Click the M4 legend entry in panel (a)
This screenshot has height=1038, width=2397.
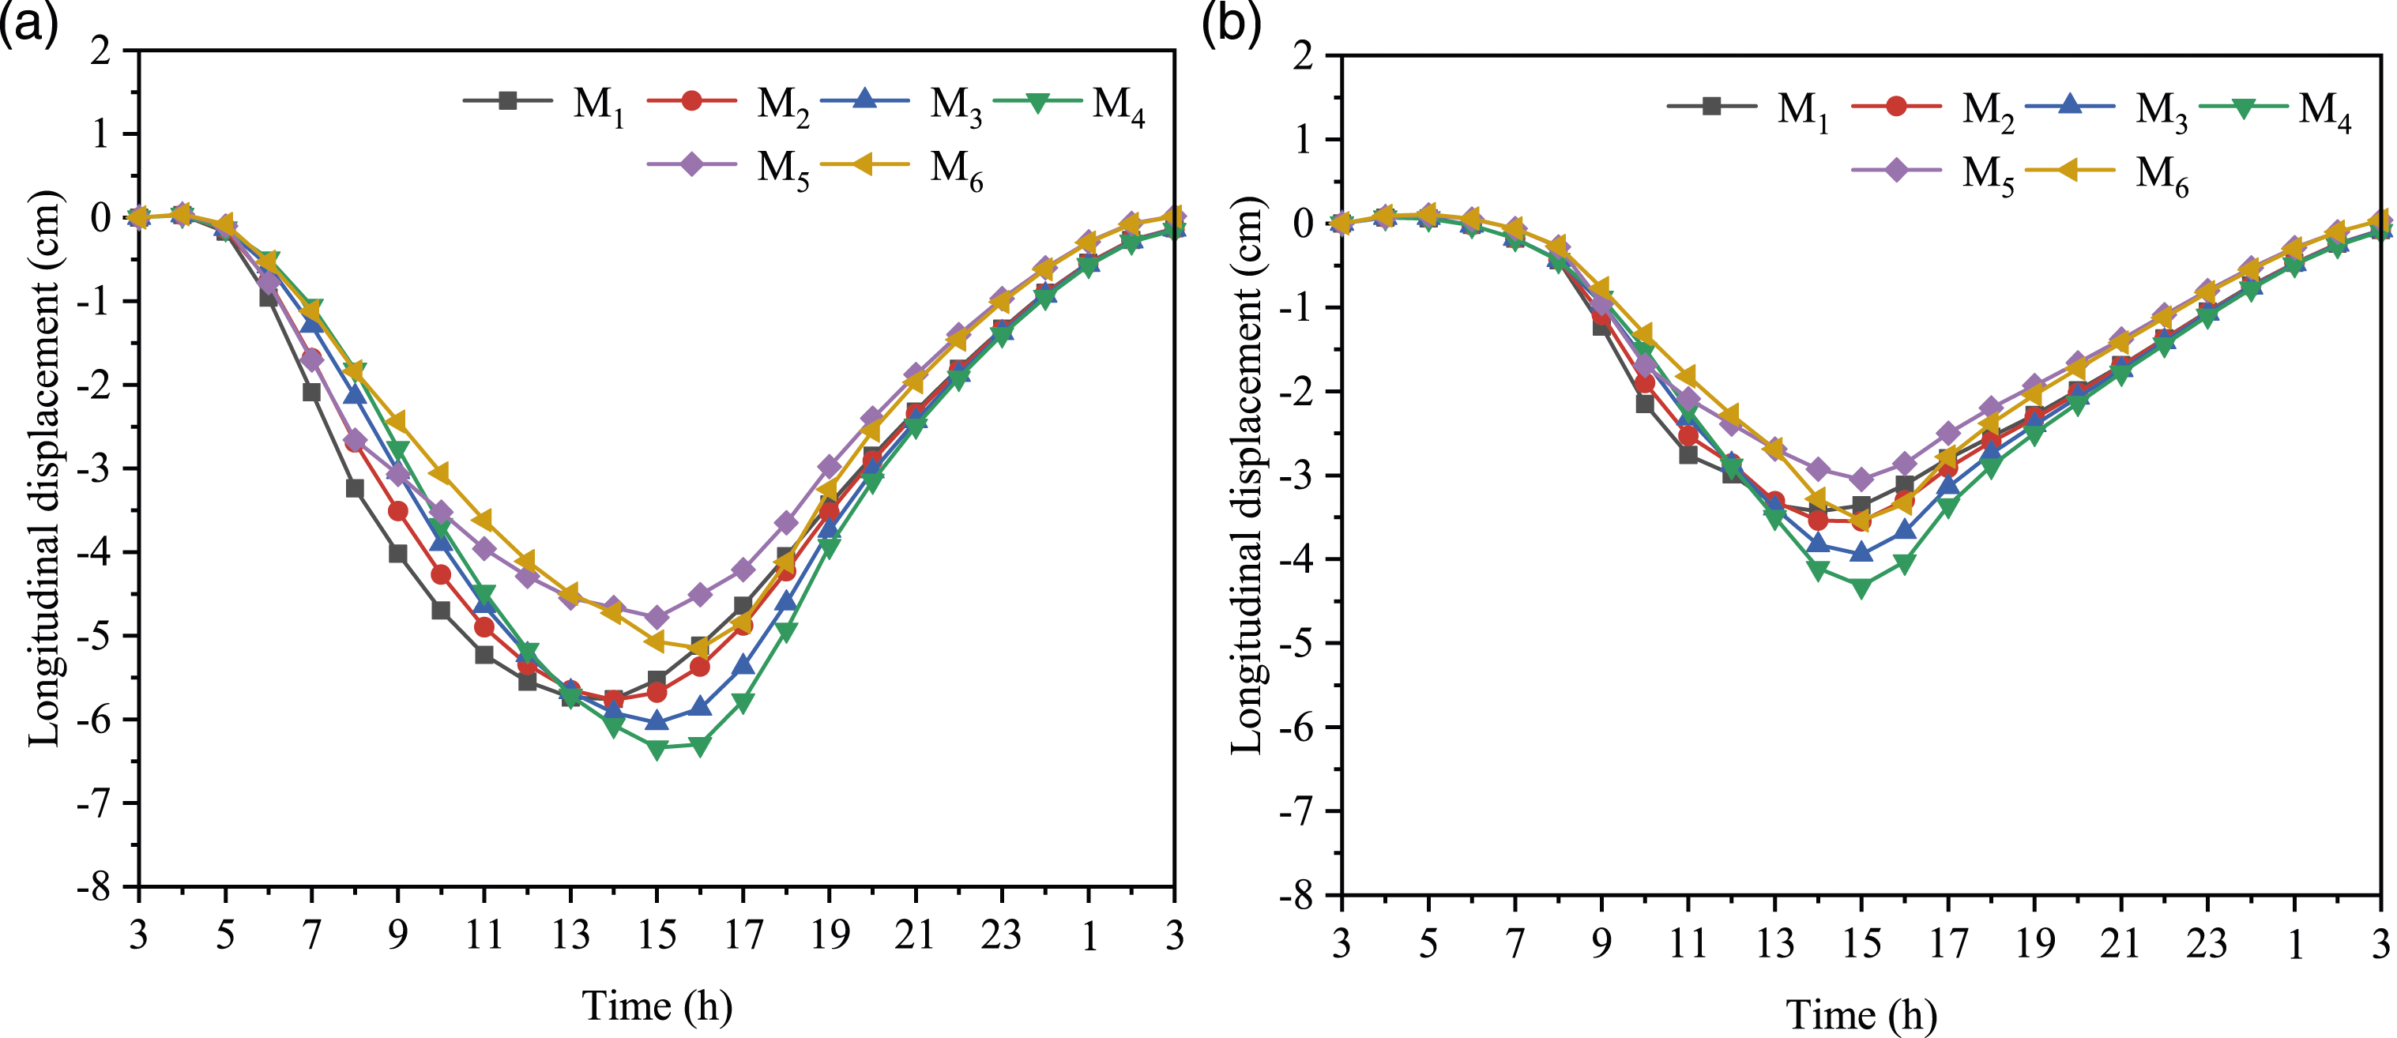click(1069, 103)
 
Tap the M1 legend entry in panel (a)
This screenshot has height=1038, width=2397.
click(544, 103)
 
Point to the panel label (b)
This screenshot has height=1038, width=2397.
click(1231, 23)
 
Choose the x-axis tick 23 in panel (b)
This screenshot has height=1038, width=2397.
click(2207, 942)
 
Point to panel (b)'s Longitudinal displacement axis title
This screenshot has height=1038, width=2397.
click(1247, 476)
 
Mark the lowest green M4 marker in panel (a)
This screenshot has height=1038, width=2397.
click(657, 749)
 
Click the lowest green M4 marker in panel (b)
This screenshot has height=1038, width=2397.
click(1861, 588)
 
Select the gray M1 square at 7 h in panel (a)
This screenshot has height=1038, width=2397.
click(312, 392)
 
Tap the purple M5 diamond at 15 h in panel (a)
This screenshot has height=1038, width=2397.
click(657, 617)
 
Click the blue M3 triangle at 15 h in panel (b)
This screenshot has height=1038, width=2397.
click(1861, 552)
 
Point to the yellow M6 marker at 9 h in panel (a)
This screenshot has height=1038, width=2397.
click(397, 423)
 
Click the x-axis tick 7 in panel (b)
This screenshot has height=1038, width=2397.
click(1515, 942)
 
